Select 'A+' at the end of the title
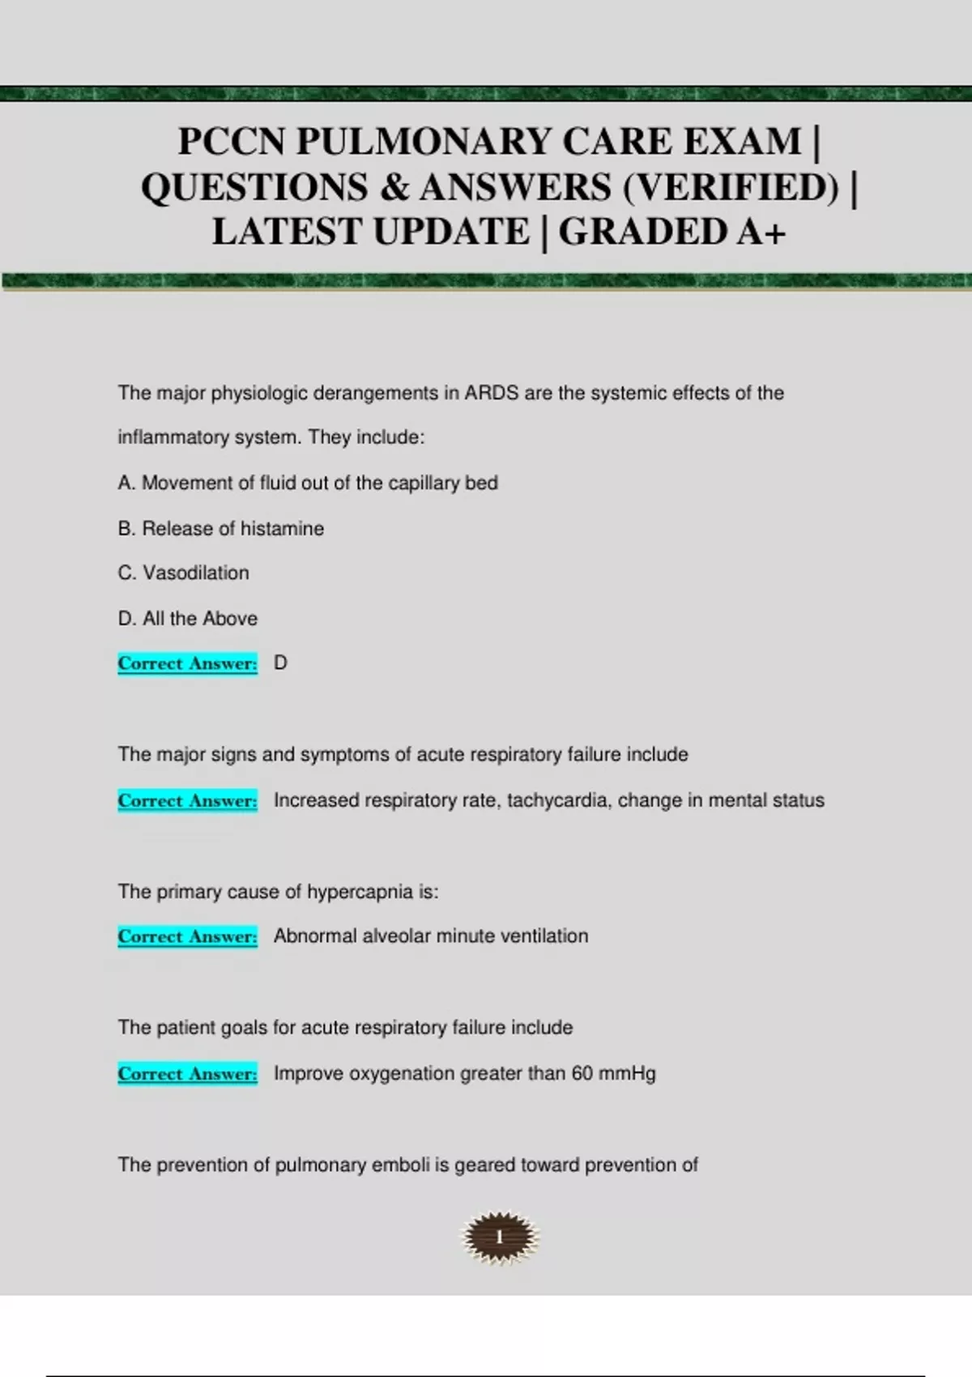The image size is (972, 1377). coord(761,232)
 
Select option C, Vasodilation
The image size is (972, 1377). coord(184,573)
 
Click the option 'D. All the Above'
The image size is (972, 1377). coord(188,618)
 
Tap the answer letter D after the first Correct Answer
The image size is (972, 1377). coord(280,663)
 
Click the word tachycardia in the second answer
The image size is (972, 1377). coord(559,800)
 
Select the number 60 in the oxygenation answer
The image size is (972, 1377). coord(582,1073)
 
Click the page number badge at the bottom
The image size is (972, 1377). coord(500,1237)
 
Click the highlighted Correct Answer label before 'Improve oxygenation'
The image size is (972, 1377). coord(187,1073)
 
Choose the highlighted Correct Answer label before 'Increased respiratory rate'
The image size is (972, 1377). coord(187,800)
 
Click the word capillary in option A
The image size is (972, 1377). coord(423,483)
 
